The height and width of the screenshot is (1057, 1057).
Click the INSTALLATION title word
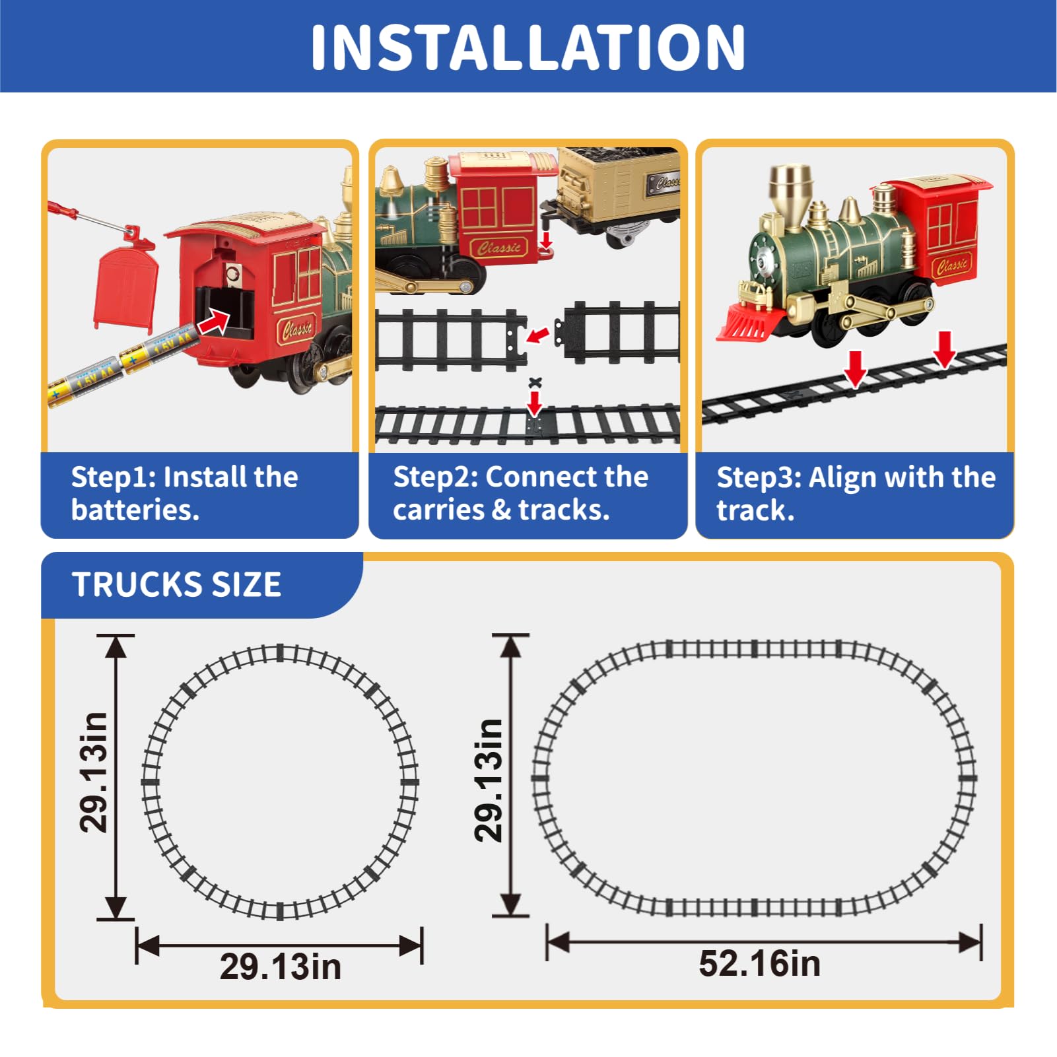click(x=528, y=47)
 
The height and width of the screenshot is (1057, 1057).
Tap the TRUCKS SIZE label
click(x=176, y=584)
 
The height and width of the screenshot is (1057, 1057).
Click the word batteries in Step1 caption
click(x=135, y=510)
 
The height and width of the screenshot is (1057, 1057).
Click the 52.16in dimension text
click(x=760, y=963)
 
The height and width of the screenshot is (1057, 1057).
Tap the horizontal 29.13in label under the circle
click(x=281, y=967)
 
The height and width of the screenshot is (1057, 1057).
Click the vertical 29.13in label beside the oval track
click(x=489, y=780)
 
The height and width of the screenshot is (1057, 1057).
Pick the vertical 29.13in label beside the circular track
click(x=93, y=772)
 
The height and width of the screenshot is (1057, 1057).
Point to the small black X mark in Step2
click(x=535, y=382)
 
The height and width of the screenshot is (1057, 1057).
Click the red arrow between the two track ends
click(x=538, y=335)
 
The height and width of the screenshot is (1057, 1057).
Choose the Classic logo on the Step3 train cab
click(x=952, y=266)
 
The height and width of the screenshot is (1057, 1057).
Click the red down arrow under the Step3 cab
click(x=945, y=349)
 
